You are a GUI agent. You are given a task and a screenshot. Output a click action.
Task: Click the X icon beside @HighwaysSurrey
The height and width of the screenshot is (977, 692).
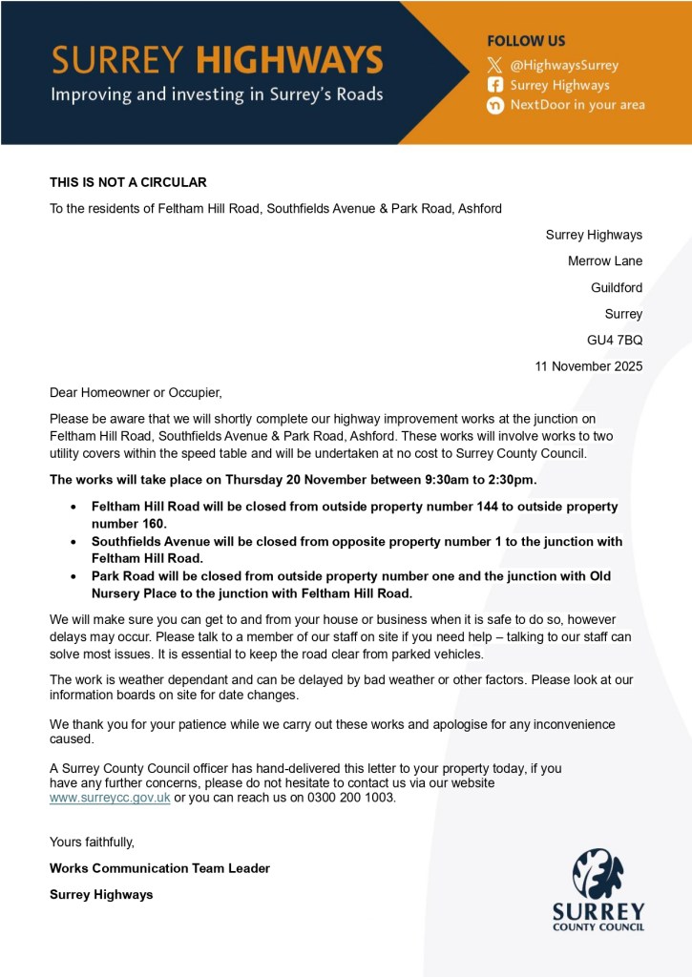click(494, 66)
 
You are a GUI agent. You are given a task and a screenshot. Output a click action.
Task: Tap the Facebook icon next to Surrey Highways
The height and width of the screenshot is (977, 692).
click(494, 85)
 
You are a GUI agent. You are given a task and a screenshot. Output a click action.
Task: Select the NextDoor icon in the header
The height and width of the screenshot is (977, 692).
click(494, 105)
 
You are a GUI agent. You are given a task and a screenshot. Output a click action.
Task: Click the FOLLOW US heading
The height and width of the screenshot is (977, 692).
click(526, 42)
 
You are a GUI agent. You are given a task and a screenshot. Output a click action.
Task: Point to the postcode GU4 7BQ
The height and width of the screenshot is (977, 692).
click(615, 340)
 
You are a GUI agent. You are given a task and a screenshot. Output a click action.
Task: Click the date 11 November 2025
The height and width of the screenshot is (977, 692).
click(589, 365)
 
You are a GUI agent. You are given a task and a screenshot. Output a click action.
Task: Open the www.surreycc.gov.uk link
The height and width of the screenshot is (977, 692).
click(110, 798)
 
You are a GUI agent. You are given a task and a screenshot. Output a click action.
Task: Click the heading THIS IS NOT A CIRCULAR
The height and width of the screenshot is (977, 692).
click(128, 182)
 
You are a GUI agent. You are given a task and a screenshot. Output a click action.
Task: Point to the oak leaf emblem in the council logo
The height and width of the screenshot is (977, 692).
click(598, 873)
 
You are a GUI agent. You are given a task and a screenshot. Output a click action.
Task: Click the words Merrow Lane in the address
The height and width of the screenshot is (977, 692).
click(605, 261)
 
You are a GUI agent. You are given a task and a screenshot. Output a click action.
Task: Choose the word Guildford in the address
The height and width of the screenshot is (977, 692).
click(617, 287)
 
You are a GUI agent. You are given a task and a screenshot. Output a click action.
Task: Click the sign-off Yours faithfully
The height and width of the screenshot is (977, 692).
click(92, 842)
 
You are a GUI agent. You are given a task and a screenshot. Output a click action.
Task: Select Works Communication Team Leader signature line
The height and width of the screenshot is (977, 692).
click(159, 868)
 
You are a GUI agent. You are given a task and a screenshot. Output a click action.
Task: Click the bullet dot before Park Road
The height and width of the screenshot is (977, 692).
click(74, 577)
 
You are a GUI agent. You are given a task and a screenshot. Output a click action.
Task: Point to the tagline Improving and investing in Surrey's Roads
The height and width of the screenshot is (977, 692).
click(217, 94)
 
